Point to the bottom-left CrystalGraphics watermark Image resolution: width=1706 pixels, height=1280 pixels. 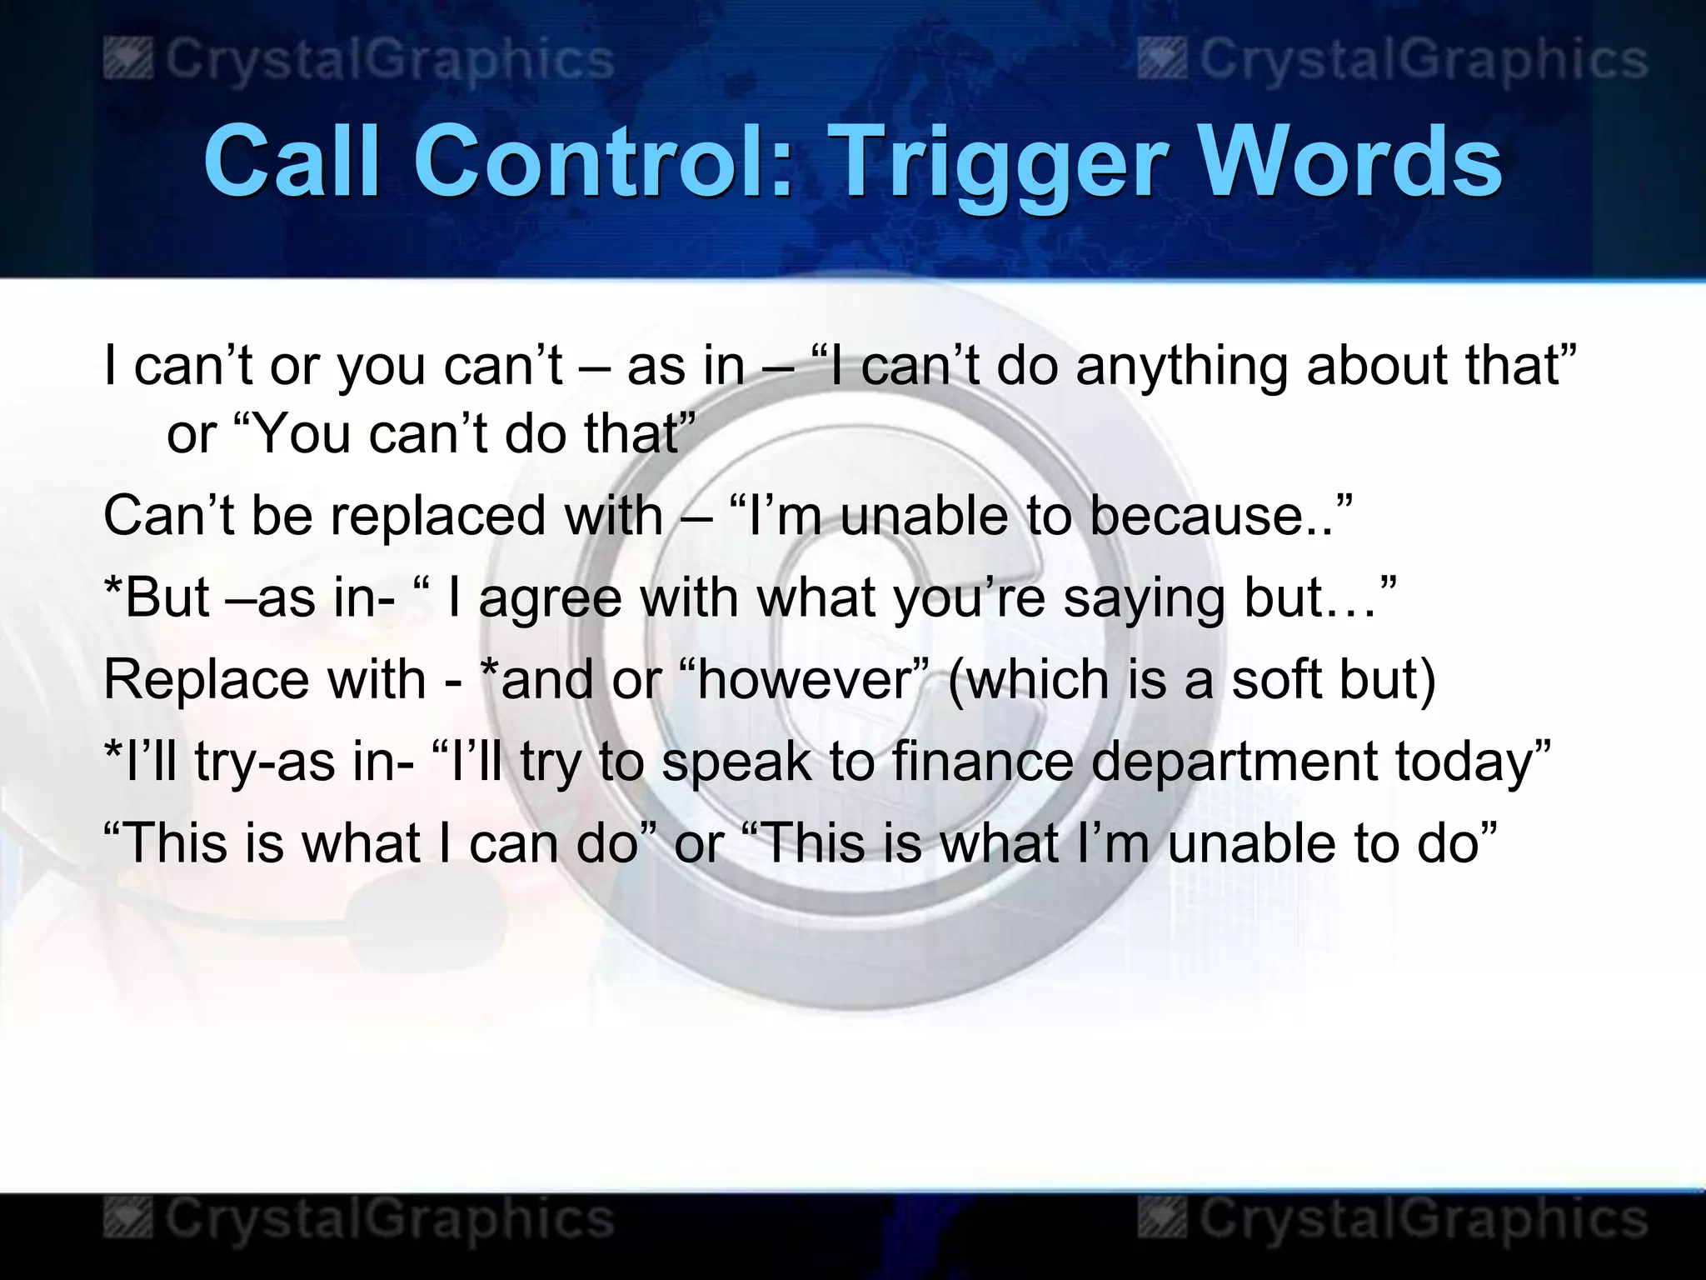[360, 1219]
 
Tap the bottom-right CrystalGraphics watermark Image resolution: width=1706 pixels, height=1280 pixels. [1394, 1219]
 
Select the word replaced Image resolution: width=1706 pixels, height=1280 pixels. [440, 516]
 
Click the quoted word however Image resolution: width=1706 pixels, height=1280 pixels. [805, 679]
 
